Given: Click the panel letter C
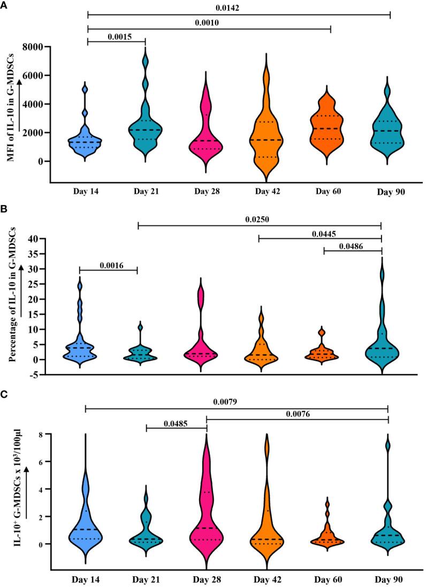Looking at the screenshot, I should tap(5, 397).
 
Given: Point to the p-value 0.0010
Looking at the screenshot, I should tap(209, 22).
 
